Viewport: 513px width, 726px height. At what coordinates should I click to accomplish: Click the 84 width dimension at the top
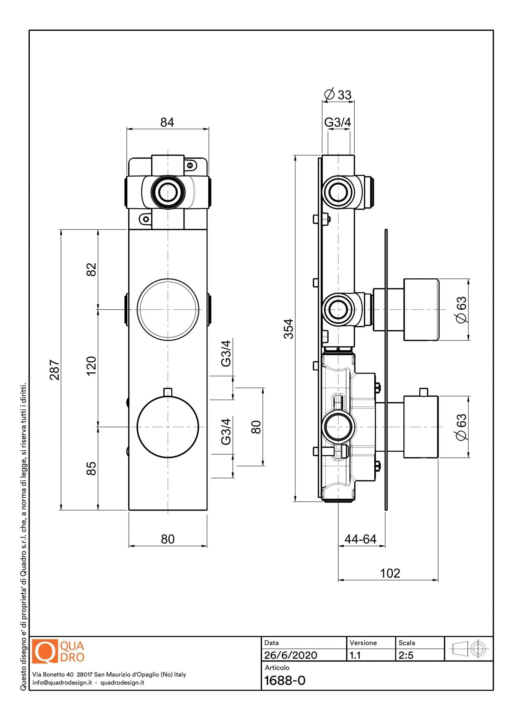pyautogui.click(x=167, y=122)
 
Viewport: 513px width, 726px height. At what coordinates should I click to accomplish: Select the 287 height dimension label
pyautogui.click(x=54, y=370)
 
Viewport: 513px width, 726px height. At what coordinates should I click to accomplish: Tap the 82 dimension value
pyautogui.click(x=91, y=269)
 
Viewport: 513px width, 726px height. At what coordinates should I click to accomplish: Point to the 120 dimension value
pyautogui.click(x=91, y=366)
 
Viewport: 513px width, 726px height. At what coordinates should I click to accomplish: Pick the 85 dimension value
pyautogui.click(x=91, y=468)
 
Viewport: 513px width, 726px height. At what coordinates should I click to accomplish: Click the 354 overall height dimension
pyautogui.click(x=289, y=329)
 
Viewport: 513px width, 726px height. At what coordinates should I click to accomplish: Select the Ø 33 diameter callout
pyautogui.click(x=338, y=95)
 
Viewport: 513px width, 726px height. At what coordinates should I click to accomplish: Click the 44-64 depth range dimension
pyautogui.click(x=360, y=539)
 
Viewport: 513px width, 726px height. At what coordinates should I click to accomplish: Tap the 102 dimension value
pyautogui.click(x=390, y=573)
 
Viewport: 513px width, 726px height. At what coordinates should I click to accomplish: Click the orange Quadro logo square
pyautogui.click(x=45, y=651)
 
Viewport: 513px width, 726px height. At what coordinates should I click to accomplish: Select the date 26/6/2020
pyautogui.click(x=291, y=655)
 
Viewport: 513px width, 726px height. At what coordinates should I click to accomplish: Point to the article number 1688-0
pyautogui.click(x=285, y=680)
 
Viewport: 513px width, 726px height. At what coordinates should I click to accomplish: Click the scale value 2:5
pyautogui.click(x=406, y=655)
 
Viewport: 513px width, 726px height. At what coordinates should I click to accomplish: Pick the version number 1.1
pyautogui.click(x=355, y=655)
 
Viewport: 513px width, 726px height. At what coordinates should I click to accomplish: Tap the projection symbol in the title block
pyautogui.click(x=469, y=649)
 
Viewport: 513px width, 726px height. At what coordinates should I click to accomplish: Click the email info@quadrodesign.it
pyautogui.click(x=62, y=682)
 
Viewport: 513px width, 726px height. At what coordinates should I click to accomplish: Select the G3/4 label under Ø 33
pyautogui.click(x=338, y=122)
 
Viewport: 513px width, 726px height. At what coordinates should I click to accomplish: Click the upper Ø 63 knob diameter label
pyautogui.click(x=461, y=309)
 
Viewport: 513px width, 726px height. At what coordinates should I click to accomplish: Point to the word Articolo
pyautogui.click(x=277, y=668)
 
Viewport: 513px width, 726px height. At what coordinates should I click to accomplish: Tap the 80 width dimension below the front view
pyautogui.click(x=168, y=539)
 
